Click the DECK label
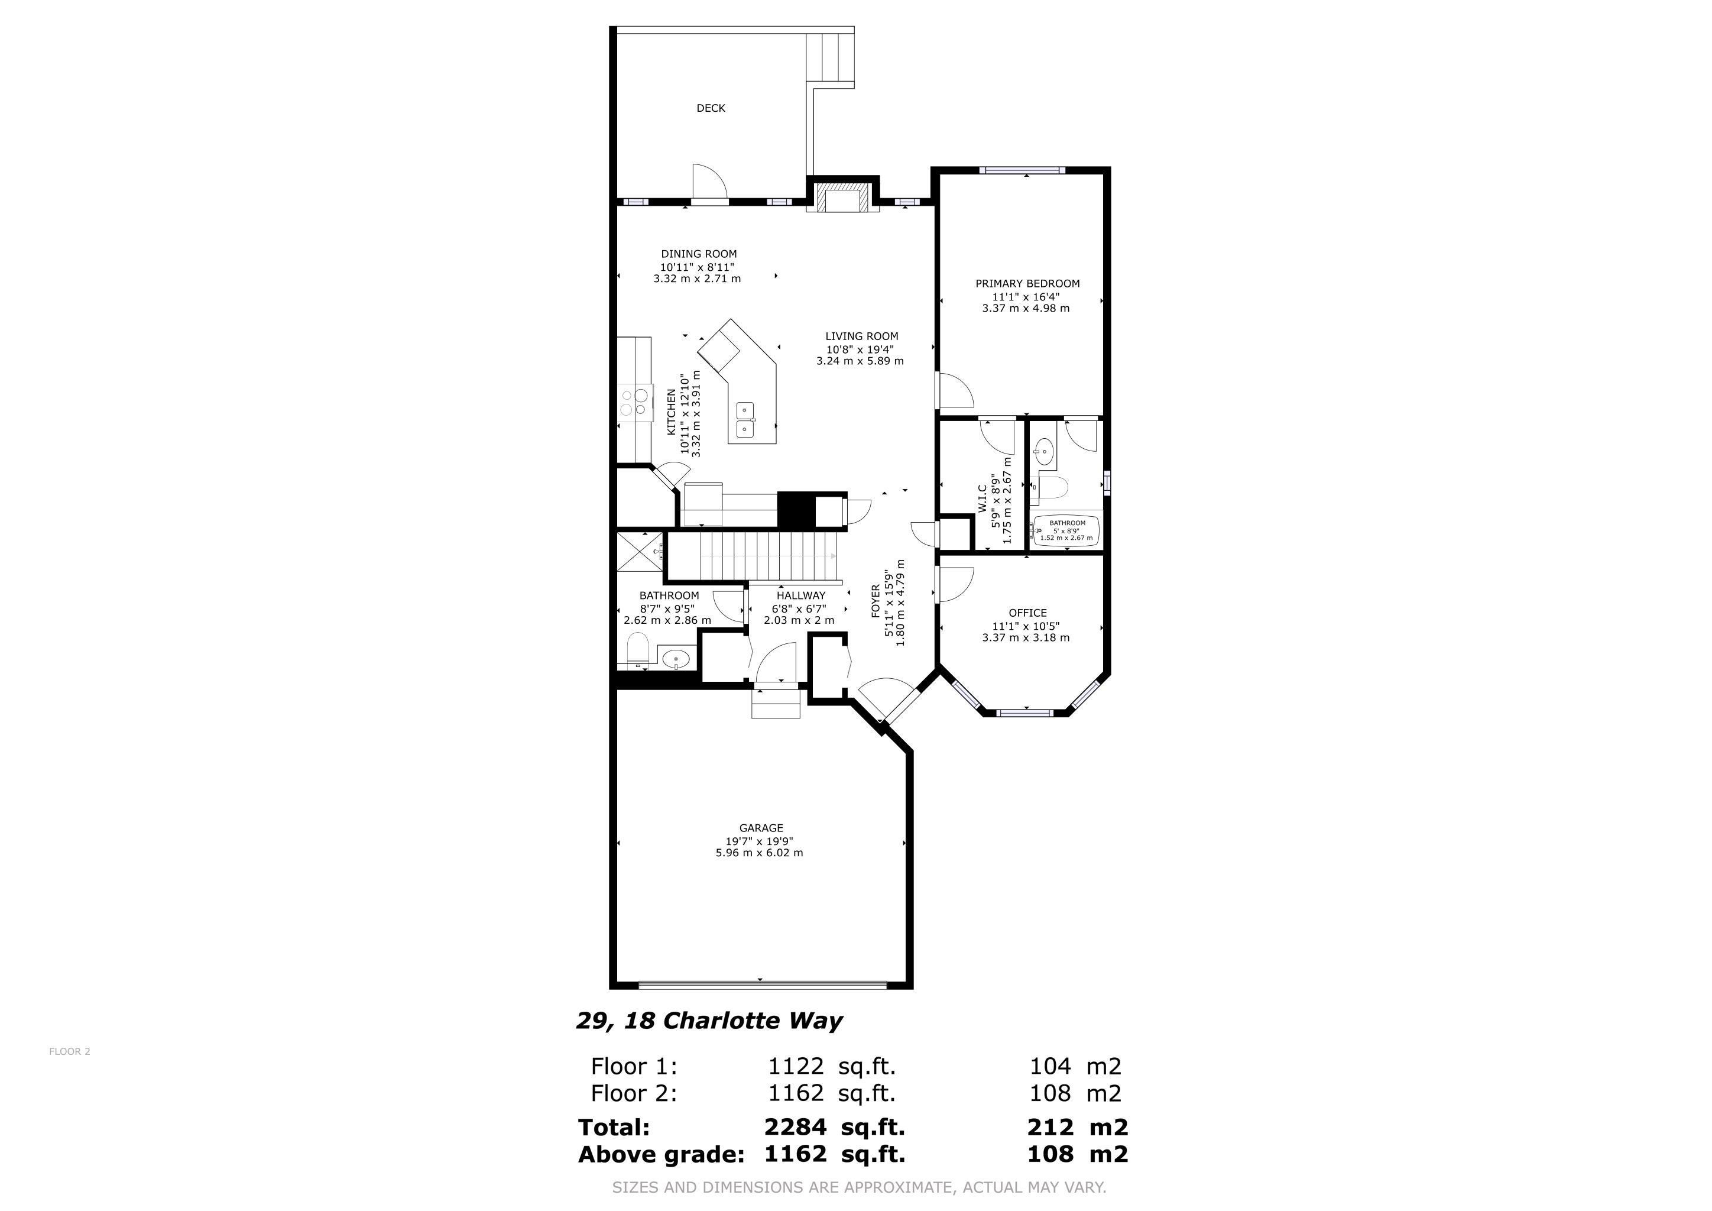pyautogui.click(x=711, y=108)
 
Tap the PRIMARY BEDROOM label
pyautogui.click(x=1027, y=283)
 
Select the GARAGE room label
pyautogui.click(x=761, y=828)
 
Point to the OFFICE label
pyautogui.click(x=1027, y=613)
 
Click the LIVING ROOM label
pyautogui.click(x=861, y=336)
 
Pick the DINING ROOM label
pyautogui.click(x=699, y=254)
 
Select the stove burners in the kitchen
pyautogui.click(x=633, y=403)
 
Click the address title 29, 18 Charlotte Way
pyautogui.click(x=709, y=1021)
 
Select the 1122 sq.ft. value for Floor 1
pyautogui.click(x=831, y=1066)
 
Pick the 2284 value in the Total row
pyautogui.click(x=795, y=1126)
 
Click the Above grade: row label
pyautogui.click(x=662, y=1154)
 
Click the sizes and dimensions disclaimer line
pyautogui.click(x=859, y=1187)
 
